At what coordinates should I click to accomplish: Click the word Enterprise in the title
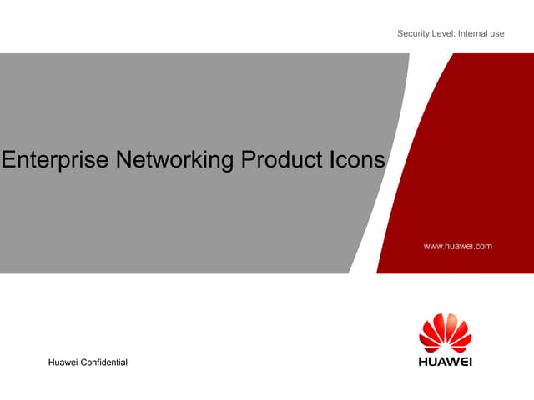tap(55, 161)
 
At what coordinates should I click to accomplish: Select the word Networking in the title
tap(173, 161)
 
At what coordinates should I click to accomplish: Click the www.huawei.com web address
tap(458, 246)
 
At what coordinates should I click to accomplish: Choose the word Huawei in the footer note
tap(64, 360)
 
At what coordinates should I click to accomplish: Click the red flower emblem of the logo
tap(445, 333)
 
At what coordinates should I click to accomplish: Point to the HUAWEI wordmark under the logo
tap(445, 362)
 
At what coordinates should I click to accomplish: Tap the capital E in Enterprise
tap(8, 161)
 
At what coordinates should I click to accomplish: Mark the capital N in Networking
tap(121, 161)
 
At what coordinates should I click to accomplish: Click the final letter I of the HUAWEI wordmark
tap(470, 362)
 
